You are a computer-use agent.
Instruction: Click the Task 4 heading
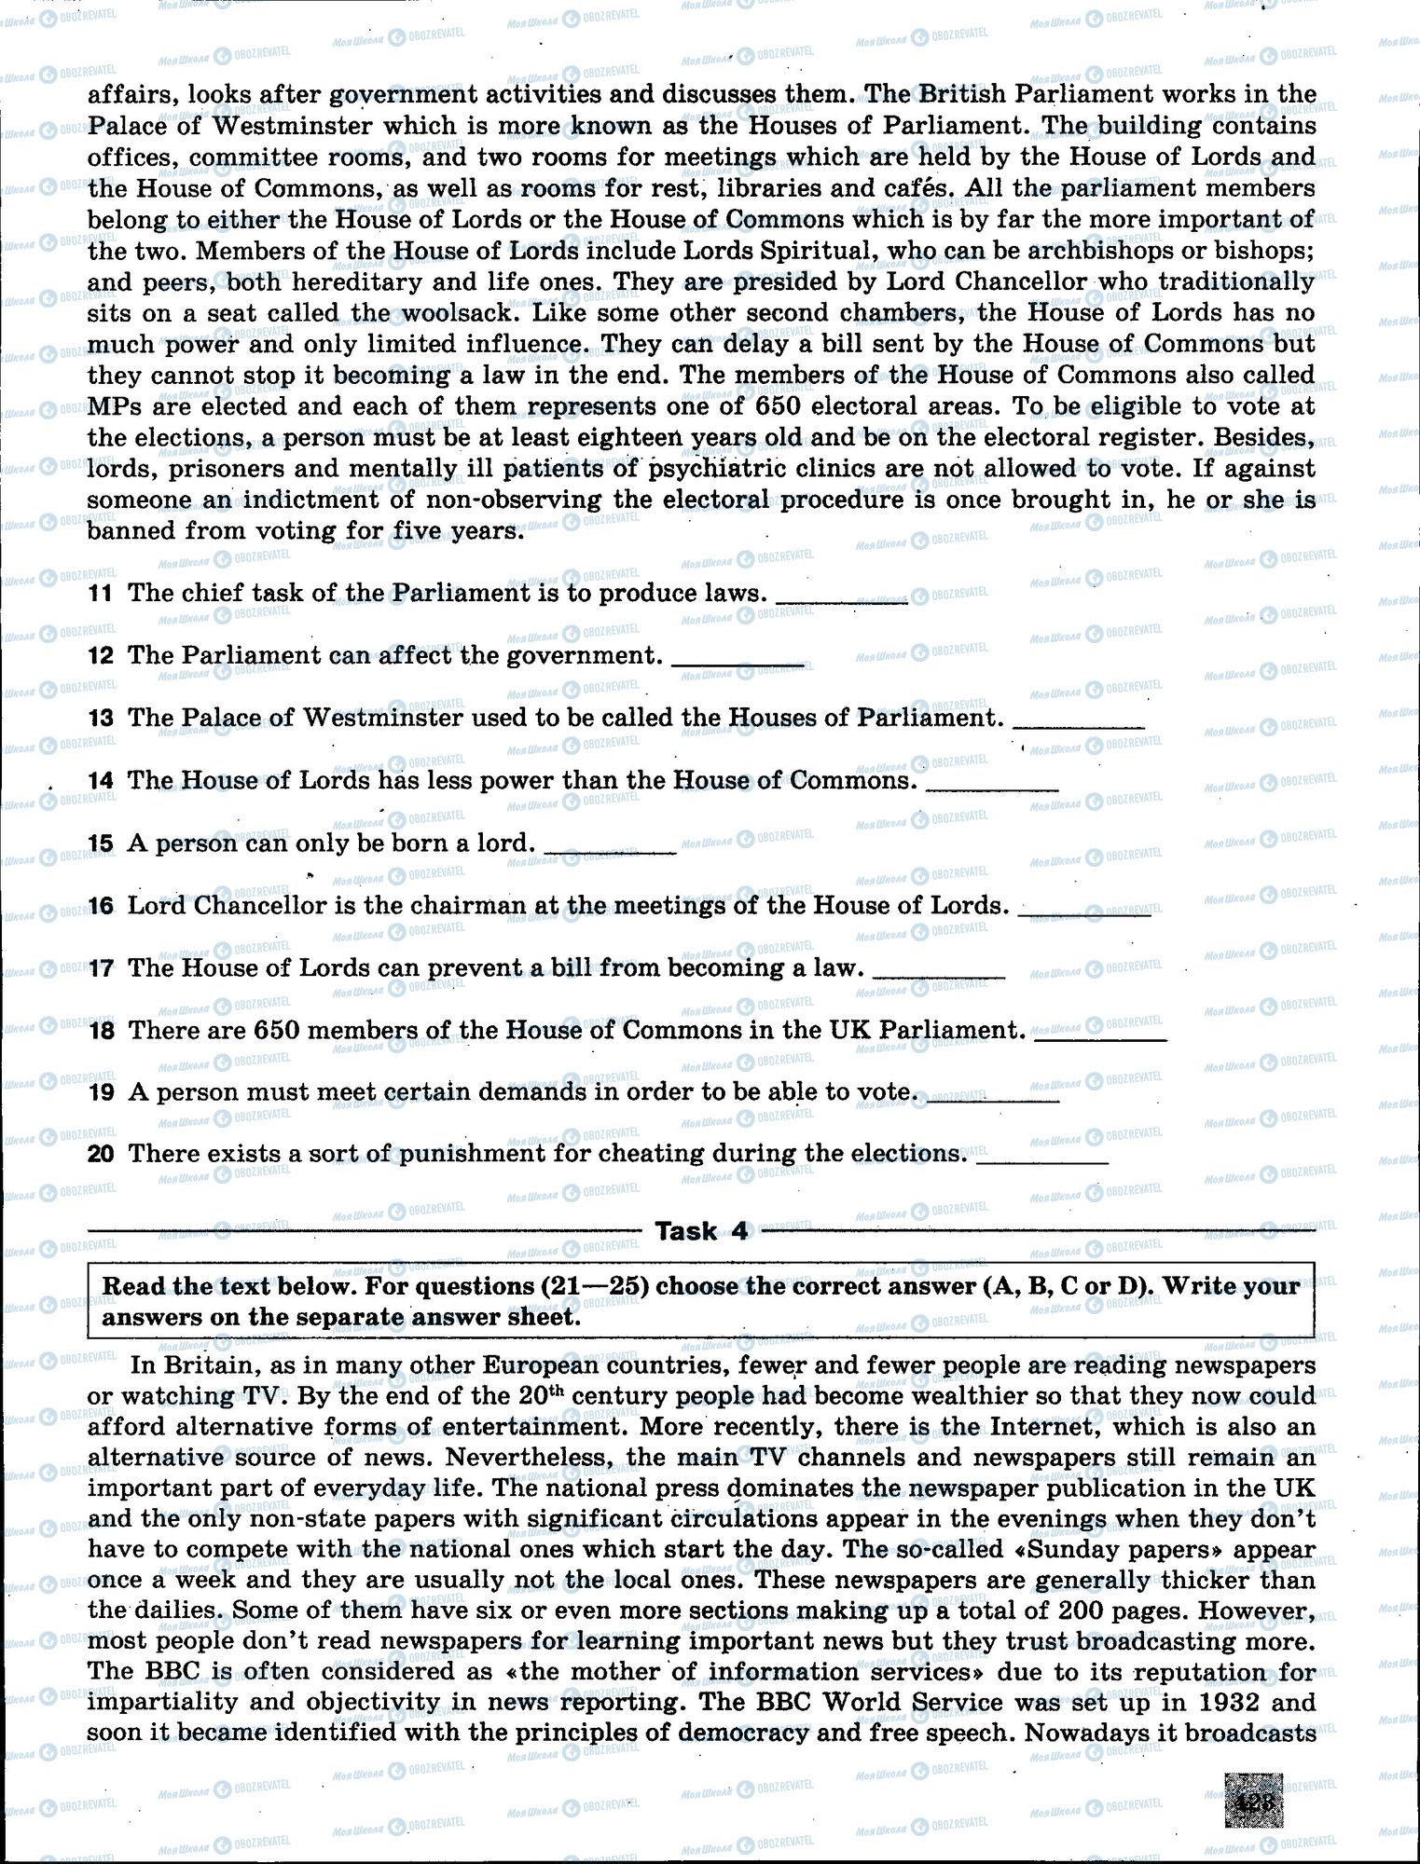click(x=701, y=1231)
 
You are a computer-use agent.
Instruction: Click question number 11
click(x=100, y=594)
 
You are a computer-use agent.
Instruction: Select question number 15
click(x=100, y=843)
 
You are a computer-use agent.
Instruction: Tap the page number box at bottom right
click(x=1255, y=1801)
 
